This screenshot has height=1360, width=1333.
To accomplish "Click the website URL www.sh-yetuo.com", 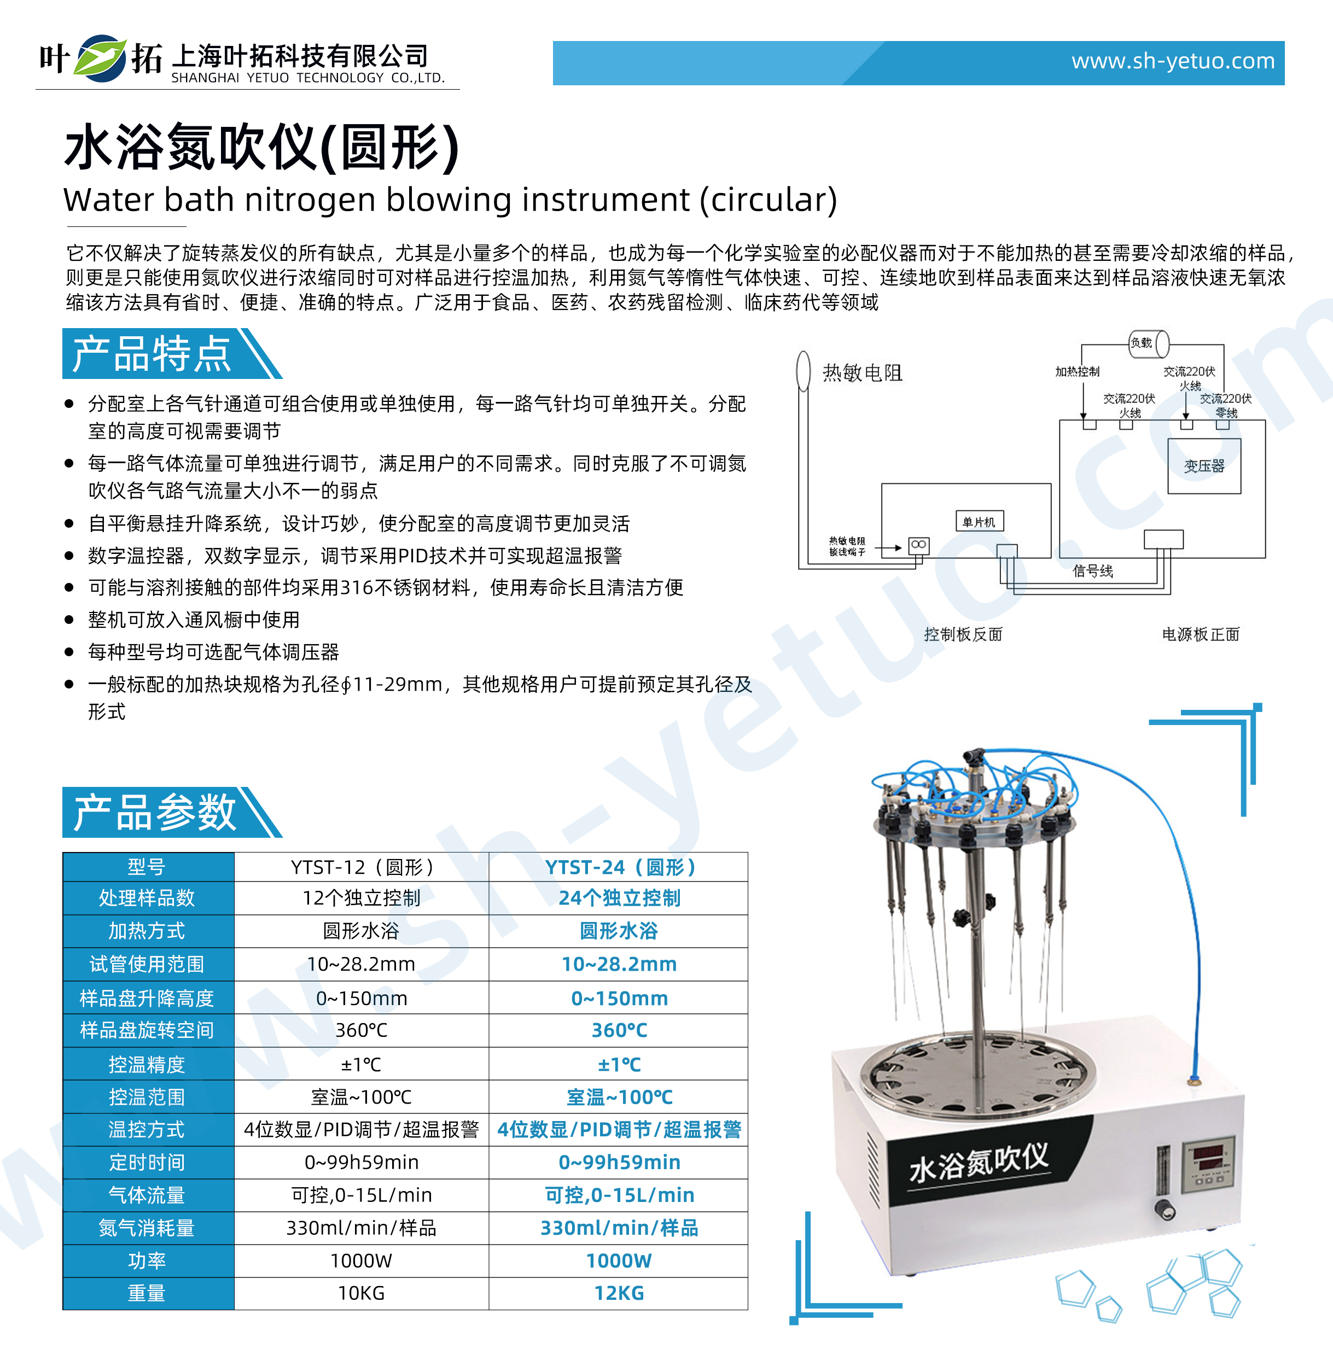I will point(1172,62).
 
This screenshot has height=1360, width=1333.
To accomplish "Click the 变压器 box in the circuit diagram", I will point(1203,466).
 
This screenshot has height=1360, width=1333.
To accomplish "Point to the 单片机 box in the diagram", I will point(979,522).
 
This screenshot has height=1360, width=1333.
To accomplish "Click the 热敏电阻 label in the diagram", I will point(862,373).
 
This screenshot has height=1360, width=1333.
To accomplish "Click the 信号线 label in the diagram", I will point(1092,571).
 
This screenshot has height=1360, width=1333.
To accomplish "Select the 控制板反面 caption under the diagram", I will point(963,634).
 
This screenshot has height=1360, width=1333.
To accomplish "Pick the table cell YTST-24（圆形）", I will point(619,867).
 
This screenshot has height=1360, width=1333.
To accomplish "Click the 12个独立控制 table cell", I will point(361,898).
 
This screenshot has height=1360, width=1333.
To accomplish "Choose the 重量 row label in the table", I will point(147,1293).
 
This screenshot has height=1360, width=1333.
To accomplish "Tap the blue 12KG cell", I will point(619,1293).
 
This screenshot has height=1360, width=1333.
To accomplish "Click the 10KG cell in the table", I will point(361,1293).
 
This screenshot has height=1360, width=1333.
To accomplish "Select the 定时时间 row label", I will point(147,1163).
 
